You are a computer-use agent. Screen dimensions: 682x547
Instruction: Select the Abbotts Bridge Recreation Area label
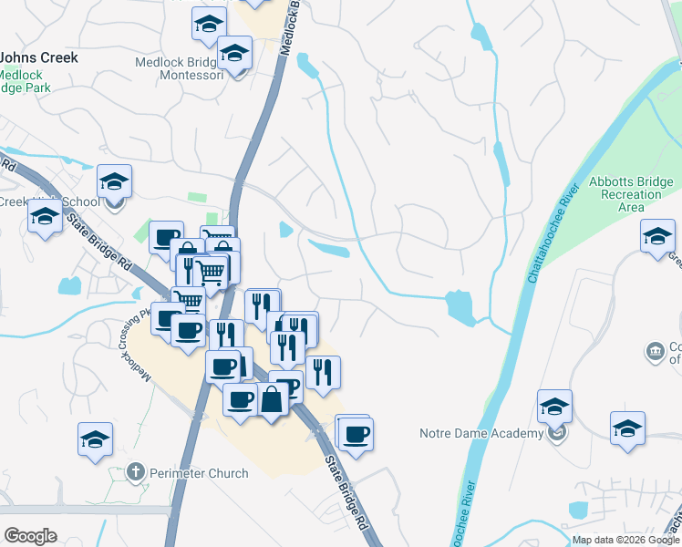630,194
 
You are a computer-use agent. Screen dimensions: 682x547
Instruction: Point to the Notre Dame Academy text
480,433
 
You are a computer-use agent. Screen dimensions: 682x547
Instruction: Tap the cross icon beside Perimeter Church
135,472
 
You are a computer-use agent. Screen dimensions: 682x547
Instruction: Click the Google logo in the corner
30,536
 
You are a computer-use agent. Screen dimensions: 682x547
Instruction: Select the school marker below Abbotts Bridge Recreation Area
656,239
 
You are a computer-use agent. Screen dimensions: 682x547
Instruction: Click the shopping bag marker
273,398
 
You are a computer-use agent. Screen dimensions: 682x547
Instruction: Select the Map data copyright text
625,540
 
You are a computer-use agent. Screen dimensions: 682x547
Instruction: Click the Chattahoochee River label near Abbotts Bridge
554,247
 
